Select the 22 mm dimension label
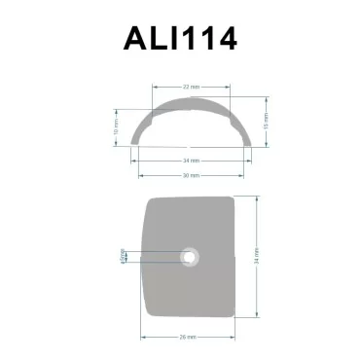pos(191,87)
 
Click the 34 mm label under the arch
pos(191,160)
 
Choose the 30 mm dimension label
pos(191,175)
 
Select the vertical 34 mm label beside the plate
pos(256,257)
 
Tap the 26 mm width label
pos(190,336)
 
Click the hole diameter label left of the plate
pos(123,257)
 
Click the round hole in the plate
pos(190,257)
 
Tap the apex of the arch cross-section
pos(191,98)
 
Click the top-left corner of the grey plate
pos(147,199)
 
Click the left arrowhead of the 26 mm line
pos(144,336)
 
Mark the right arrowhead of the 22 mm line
pos(230,87)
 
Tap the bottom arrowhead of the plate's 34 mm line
pos(256,318)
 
